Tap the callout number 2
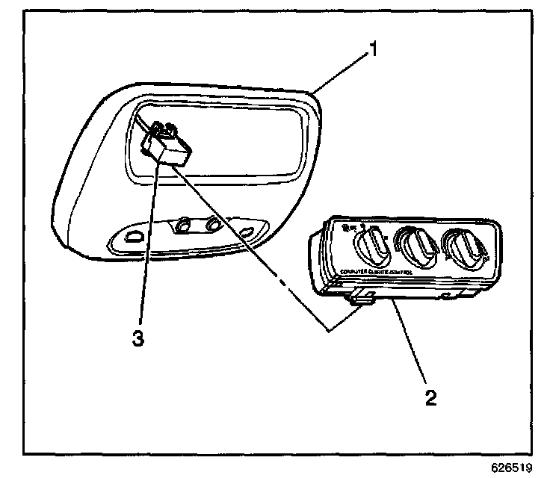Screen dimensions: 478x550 (430, 396)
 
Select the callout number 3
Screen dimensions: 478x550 (137, 338)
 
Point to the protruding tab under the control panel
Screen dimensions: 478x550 (362, 299)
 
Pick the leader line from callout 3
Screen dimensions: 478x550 (146, 246)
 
